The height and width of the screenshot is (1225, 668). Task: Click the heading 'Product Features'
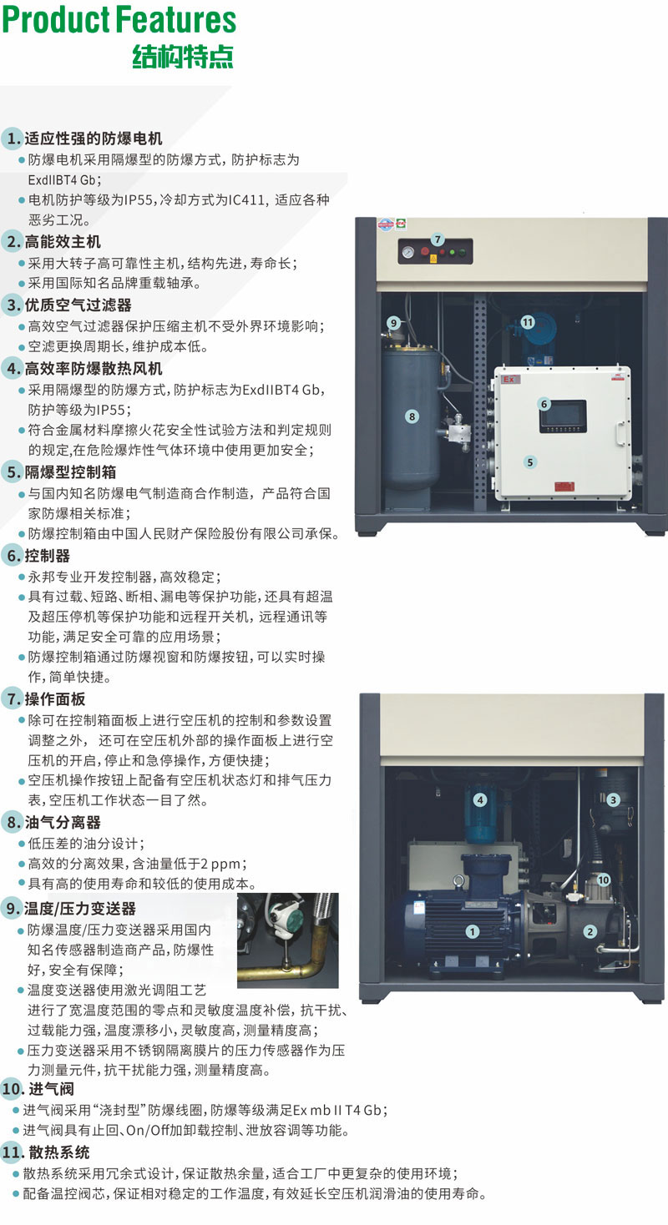point(119,20)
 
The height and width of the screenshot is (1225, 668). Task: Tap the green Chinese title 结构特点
point(183,57)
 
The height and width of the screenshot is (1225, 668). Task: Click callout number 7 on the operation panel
point(438,239)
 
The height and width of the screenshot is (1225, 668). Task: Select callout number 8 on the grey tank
point(412,416)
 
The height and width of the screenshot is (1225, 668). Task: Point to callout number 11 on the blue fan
point(528,322)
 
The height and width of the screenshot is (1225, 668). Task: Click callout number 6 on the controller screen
point(544,404)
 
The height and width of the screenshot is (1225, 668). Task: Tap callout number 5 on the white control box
point(529,462)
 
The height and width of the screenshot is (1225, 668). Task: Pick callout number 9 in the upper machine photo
point(393,323)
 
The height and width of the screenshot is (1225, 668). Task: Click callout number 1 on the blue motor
point(472,931)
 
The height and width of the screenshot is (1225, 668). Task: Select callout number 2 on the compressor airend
point(590,931)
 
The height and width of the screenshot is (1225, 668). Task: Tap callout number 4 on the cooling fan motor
point(480,800)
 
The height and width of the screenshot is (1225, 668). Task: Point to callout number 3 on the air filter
point(613,800)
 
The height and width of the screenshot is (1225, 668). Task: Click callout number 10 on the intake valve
point(604,880)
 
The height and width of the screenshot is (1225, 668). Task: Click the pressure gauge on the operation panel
point(407,253)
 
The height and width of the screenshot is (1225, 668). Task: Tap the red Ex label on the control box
point(509,379)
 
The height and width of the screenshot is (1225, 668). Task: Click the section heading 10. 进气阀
point(38,1089)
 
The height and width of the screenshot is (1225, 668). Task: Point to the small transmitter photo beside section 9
point(288,940)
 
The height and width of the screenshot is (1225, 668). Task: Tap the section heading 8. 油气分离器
point(53,823)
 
